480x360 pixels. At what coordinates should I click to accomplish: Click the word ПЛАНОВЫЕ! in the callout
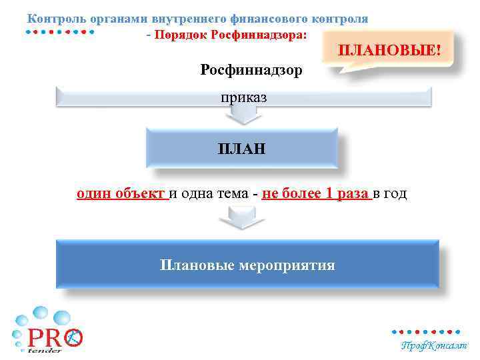tap(390, 50)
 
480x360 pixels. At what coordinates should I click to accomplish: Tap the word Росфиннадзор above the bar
tap(251, 69)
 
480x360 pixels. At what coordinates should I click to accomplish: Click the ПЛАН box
tap(241, 148)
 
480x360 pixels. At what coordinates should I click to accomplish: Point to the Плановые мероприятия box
tap(247, 265)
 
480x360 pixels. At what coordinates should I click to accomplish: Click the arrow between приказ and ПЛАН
tap(242, 117)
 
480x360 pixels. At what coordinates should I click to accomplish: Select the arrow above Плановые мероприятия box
tap(242, 218)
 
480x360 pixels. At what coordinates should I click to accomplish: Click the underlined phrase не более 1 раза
tap(316, 194)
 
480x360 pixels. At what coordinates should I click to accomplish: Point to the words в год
tap(389, 194)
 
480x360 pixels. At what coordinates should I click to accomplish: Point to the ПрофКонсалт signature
tap(434, 345)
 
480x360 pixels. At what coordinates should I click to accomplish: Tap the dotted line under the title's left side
tap(60, 31)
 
